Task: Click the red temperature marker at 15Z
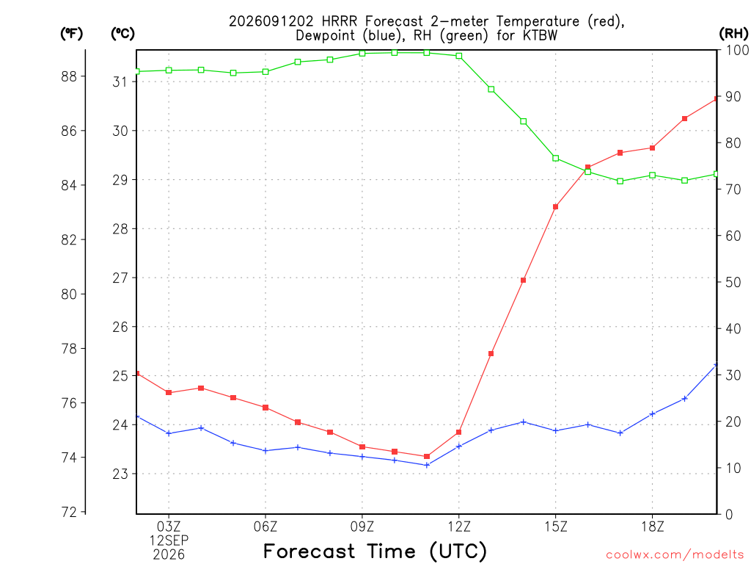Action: coord(556,207)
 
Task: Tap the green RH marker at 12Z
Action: coord(459,56)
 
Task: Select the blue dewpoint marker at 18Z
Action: coord(652,414)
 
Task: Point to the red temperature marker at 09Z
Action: coord(362,447)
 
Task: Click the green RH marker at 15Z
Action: coord(556,159)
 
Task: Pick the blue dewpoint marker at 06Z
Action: coord(265,451)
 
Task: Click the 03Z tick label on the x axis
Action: coord(169,527)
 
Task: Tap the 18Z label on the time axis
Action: coord(652,527)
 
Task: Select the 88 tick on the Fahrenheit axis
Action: coord(69,76)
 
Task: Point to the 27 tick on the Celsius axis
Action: coord(120,278)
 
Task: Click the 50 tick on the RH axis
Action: coord(733,283)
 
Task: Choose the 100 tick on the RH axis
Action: coord(737,50)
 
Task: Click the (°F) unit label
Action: coord(71,34)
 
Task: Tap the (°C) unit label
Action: coord(122,34)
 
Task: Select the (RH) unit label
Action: coord(733,34)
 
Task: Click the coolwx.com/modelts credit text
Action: coord(675,555)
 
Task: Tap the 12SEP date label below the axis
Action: coord(169,540)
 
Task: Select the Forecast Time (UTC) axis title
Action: coord(375,552)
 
